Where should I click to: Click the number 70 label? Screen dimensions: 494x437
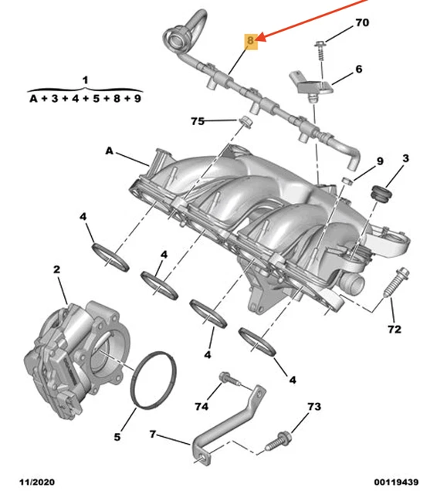tap(361, 24)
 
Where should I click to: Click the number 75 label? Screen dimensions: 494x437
tap(198, 121)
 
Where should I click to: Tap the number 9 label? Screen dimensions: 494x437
tap(379, 161)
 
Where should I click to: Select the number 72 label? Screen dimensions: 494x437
tap(395, 330)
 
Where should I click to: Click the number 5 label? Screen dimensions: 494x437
tap(117, 437)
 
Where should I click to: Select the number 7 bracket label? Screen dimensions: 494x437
tap(153, 435)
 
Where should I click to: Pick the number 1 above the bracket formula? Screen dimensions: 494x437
tap(85, 80)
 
